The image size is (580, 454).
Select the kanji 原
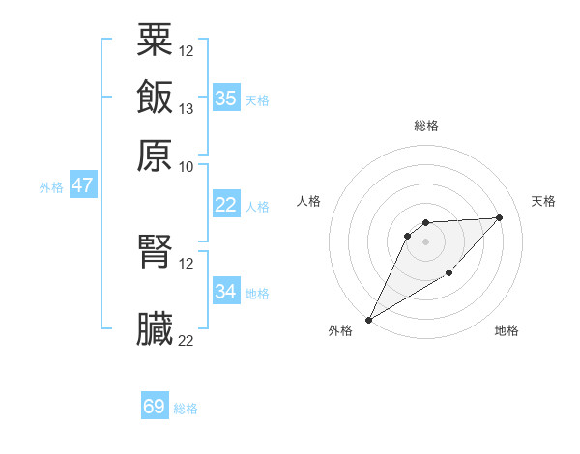[156, 155]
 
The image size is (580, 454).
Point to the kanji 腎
[156, 251]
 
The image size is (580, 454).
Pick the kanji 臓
[156, 329]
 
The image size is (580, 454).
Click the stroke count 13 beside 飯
[187, 108]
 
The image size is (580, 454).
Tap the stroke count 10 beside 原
[187, 166]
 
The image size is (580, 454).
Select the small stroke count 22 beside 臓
[187, 340]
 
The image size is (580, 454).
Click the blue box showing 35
[226, 98]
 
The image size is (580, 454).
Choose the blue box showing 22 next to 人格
[226, 205]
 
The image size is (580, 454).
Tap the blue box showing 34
[226, 291]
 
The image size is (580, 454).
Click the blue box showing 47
[82, 185]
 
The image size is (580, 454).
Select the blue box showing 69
[155, 407]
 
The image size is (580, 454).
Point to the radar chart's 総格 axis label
[426, 126]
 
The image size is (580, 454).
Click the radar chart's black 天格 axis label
[544, 201]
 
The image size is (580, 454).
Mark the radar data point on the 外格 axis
[368, 319]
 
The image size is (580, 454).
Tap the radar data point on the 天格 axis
[499, 217]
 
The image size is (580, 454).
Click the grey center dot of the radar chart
[426, 241]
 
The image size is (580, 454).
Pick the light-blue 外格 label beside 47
[51, 187]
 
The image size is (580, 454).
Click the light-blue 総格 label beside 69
[186, 409]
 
